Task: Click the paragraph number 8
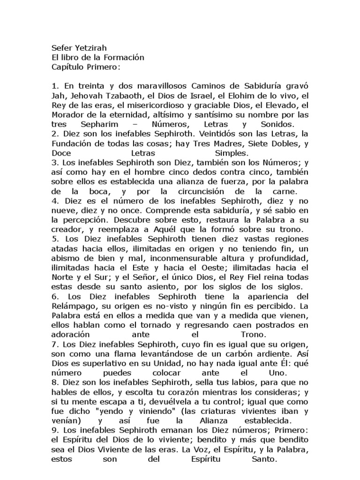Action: [x=54, y=383]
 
